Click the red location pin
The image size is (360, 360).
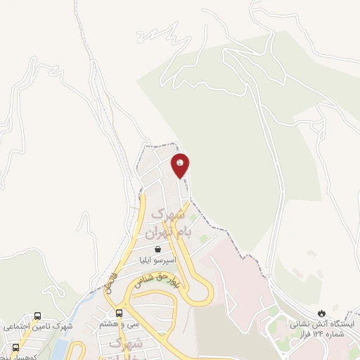click(181, 165)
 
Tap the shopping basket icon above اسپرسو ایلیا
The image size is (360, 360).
click(159, 248)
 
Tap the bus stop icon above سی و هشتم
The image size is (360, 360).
click(119, 312)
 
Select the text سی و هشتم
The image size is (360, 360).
click(119, 324)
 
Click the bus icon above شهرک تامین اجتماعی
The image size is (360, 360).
click(37, 316)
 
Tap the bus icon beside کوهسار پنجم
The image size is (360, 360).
click(16, 347)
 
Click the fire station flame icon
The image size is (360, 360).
click(322, 312)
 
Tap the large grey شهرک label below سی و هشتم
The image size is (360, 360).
click(127, 343)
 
